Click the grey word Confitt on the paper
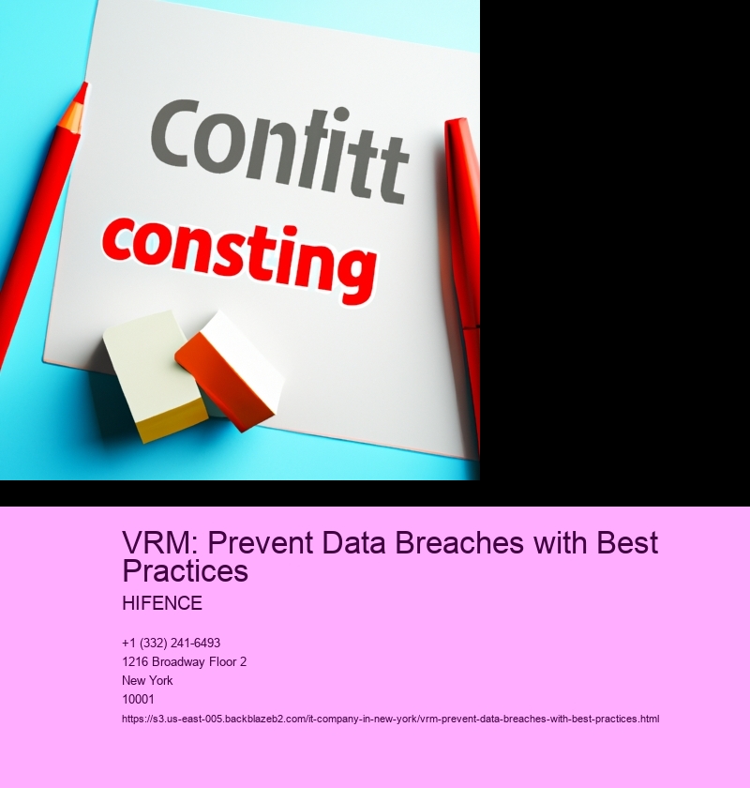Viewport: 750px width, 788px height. click(x=279, y=150)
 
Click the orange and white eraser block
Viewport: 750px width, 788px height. click(x=229, y=370)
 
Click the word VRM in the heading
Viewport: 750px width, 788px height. click(x=159, y=543)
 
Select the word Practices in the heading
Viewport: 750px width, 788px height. click(x=186, y=570)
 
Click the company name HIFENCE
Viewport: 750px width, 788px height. click(x=162, y=603)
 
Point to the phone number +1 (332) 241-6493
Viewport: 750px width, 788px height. click(x=172, y=643)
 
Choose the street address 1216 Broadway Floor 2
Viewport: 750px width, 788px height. click(x=185, y=662)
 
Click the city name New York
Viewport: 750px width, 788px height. click(x=147, y=680)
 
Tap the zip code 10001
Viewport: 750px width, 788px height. click(x=138, y=699)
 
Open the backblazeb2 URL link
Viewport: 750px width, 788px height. click(x=390, y=720)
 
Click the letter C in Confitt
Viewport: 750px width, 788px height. click(x=174, y=134)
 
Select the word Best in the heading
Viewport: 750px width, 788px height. click(x=627, y=543)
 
